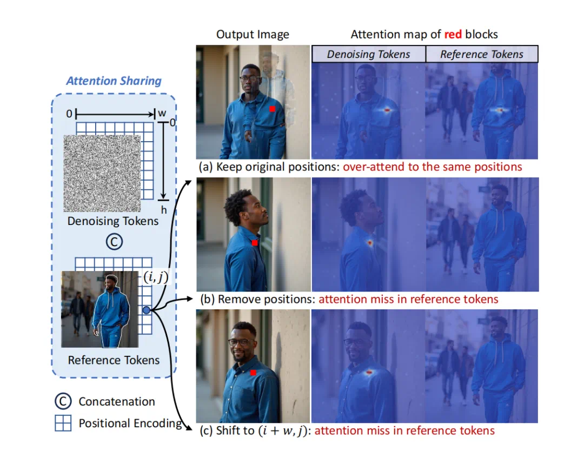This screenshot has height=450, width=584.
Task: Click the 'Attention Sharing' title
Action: click(114, 81)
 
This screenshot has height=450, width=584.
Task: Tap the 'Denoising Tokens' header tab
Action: click(368, 54)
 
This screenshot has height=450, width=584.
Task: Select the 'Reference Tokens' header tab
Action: click(481, 54)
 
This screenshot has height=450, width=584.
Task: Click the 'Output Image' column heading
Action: click(253, 35)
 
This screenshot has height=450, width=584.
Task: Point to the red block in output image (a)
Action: click(273, 109)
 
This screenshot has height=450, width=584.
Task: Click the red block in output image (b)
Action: click(255, 243)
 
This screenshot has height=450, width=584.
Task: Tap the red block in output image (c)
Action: click(253, 373)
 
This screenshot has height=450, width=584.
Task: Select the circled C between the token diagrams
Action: click(114, 242)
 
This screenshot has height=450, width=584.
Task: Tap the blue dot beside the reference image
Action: click(147, 310)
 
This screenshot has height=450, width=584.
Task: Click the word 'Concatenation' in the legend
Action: click(117, 401)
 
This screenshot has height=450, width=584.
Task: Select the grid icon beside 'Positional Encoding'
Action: click(63, 423)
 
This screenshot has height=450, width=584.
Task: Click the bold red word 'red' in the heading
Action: click(453, 35)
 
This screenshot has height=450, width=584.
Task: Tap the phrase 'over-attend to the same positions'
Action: click(433, 167)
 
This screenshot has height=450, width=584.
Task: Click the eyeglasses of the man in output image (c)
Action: click(241, 342)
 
